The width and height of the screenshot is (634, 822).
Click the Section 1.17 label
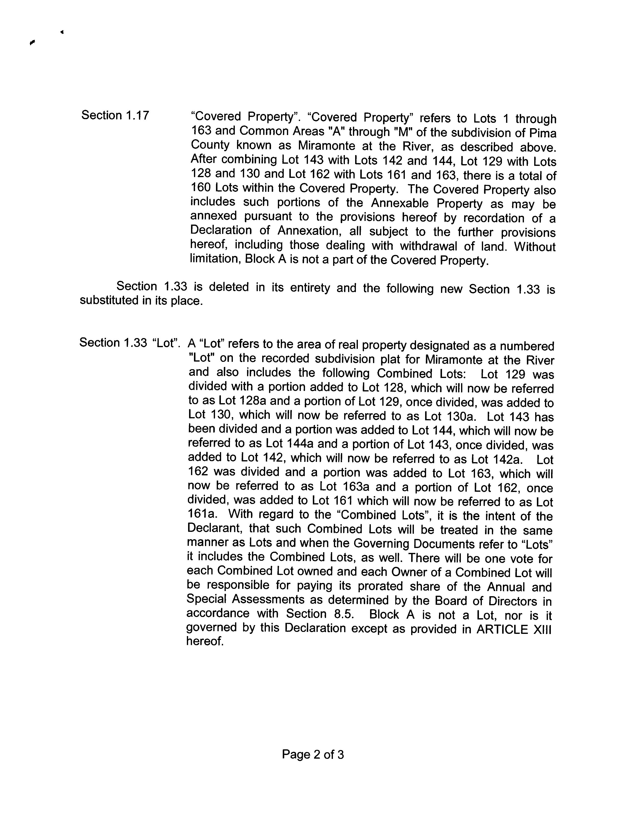115,115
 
